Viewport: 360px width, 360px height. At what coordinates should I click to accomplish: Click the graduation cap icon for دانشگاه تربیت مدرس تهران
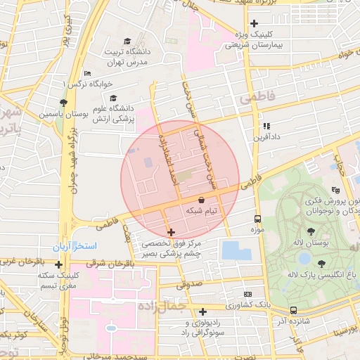pos(127,41)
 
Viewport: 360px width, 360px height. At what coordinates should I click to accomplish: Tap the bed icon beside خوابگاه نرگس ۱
pos(87,73)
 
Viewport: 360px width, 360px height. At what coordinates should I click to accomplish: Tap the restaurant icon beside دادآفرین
pos(266,127)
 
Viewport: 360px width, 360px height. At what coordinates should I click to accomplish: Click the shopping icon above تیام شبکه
pos(202,200)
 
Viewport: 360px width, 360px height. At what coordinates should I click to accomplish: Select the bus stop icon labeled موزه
pos(257,219)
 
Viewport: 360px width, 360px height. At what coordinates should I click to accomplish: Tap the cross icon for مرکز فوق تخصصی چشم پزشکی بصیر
pos(172,231)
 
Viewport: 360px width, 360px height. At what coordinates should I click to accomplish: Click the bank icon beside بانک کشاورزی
pos(247,294)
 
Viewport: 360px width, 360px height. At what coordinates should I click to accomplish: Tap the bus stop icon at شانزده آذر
pos(292,310)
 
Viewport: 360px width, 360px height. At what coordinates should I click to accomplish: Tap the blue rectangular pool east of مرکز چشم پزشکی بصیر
pos(231,250)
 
